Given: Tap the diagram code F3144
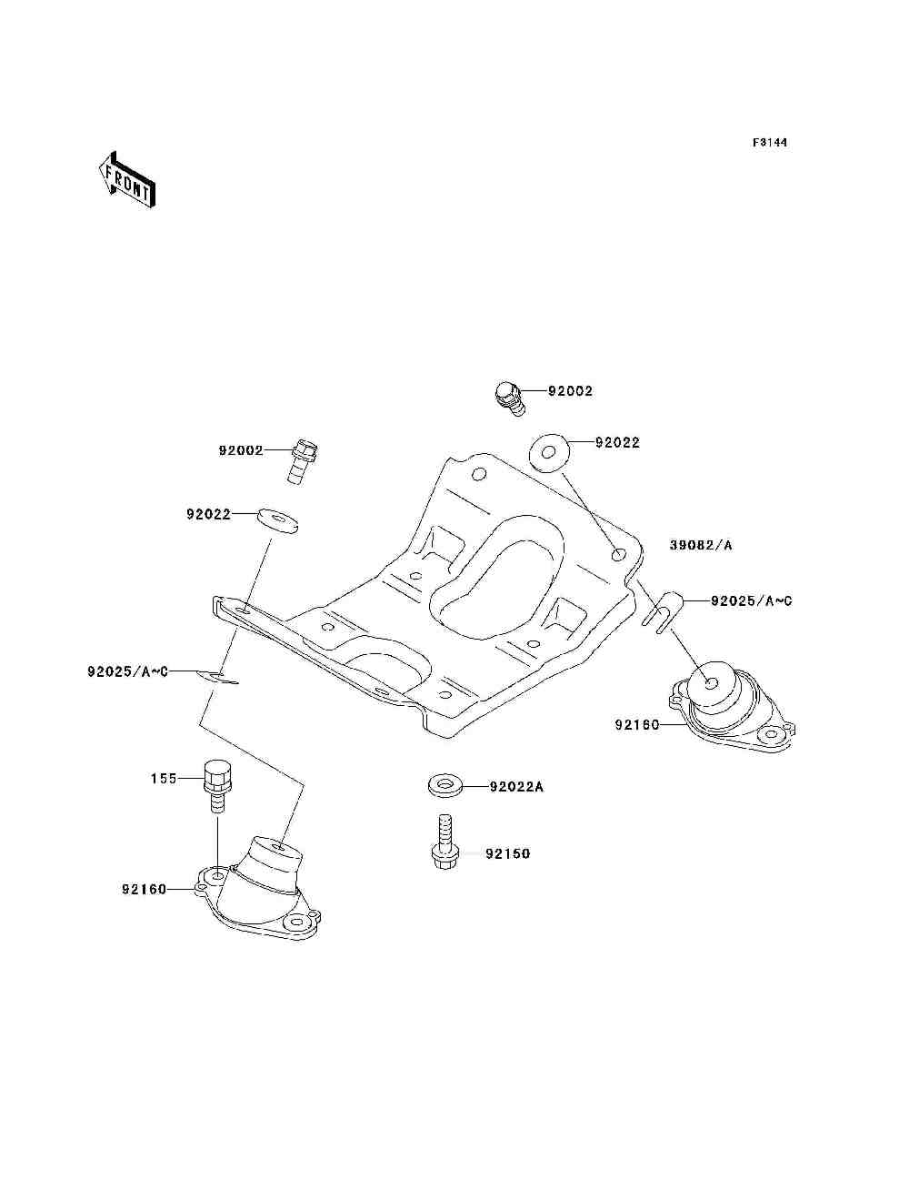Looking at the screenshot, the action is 770,143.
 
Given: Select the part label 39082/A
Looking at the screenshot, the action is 701,545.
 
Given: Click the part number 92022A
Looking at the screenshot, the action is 516,787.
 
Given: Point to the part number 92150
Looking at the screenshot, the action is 507,854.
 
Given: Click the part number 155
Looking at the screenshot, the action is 165,779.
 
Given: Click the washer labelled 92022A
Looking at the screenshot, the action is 445,787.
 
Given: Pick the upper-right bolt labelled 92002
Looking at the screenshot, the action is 510,398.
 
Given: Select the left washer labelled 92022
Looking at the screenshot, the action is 278,520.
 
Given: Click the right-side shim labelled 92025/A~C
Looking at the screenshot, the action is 662,611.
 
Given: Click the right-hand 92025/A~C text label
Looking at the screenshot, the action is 752,600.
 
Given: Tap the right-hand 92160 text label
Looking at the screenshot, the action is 637,724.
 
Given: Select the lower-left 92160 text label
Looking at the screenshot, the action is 145,890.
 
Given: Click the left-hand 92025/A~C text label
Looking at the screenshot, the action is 128,671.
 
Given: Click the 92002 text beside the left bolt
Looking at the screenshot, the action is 241,450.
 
